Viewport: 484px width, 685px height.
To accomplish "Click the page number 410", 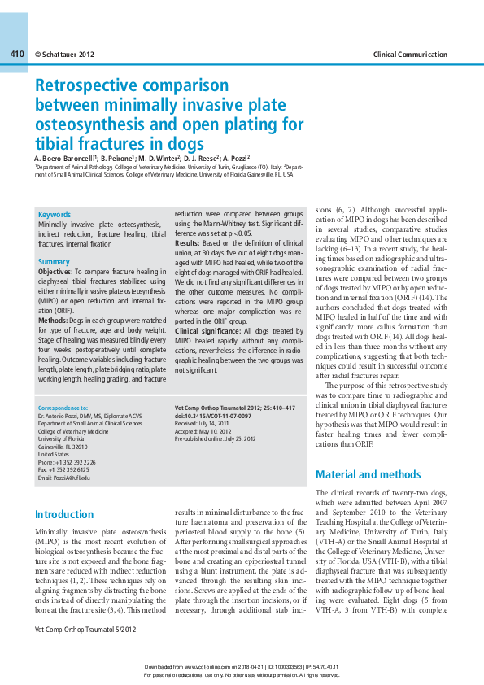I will coord(17,54).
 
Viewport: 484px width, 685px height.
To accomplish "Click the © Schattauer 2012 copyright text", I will coord(65,55).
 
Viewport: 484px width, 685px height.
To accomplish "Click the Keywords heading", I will coord(55,214).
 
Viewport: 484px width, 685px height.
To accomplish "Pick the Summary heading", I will coord(54,262).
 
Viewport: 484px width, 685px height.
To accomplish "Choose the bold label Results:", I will coord(187,243).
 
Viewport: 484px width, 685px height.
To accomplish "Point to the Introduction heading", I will coord(64,514).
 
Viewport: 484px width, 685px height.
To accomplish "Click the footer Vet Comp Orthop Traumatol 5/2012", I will coord(85,630).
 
